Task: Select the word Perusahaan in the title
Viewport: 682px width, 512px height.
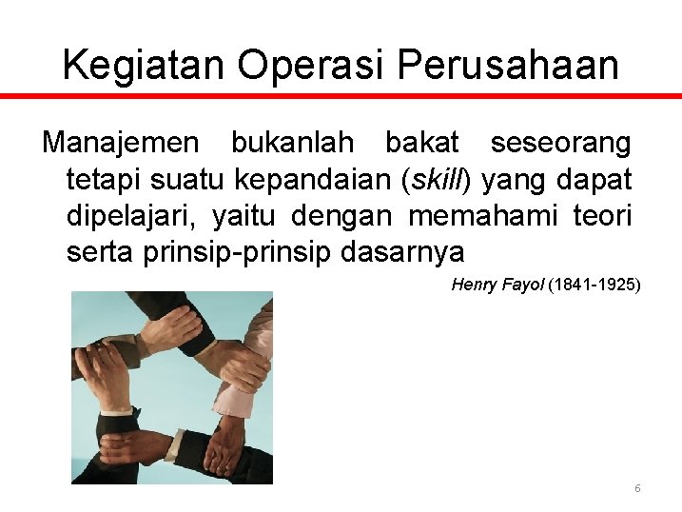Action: [509, 65]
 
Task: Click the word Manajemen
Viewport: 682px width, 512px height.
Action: [122, 144]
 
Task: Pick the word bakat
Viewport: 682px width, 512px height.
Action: [421, 144]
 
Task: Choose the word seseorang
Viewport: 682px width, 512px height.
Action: [560, 144]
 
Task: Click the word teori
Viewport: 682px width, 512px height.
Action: [602, 216]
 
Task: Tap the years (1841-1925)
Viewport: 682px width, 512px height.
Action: [594, 285]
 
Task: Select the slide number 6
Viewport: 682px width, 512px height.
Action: [637, 488]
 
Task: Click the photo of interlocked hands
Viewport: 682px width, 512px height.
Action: [171, 386]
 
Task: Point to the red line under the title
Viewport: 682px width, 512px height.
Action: [341, 96]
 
